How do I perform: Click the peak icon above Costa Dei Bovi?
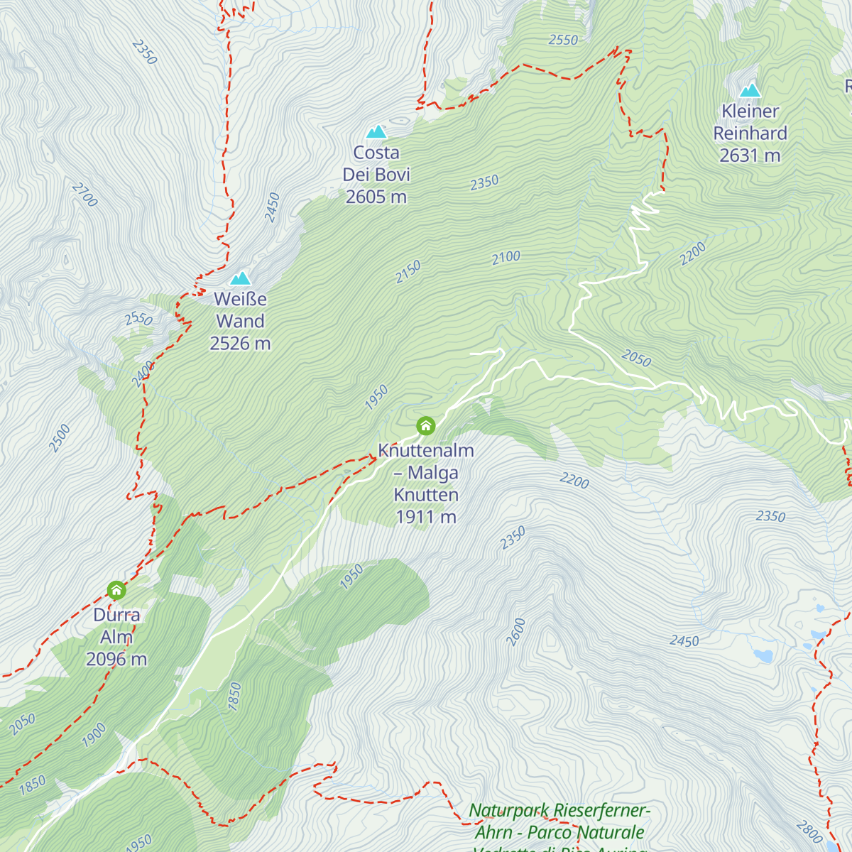tap(376, 131)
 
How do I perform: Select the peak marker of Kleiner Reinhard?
tap(750, 90)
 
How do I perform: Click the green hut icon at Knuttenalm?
tap(425, 426)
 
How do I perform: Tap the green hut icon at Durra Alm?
tap(116, 590)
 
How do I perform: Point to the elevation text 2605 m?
tap(376, 197)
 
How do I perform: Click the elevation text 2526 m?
tap(240, 344)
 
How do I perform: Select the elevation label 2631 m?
tap(750, 155)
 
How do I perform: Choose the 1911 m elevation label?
tap(425, 517)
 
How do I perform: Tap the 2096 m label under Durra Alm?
tap(116, 660)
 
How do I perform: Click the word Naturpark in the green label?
tap(509, 810)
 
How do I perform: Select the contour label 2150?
tap(408, 272)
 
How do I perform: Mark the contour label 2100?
tap(506, 257)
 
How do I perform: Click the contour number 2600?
tap(516, 631)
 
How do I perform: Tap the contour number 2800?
tap(809, 831)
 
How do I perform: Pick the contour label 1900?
tap(94, 735)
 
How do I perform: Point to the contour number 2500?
tap(60, 438)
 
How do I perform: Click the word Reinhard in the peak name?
tap(750, 133)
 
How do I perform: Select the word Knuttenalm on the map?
tap(425, 451)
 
